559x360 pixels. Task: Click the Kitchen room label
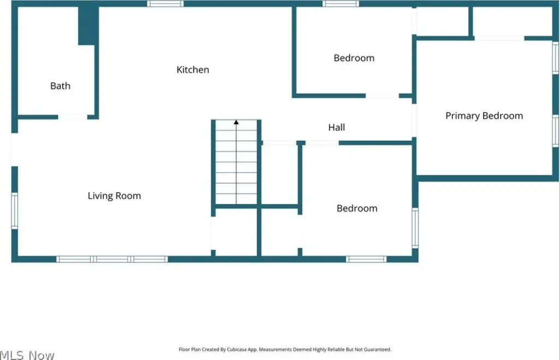[193, 69]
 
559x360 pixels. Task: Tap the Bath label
[60, 86]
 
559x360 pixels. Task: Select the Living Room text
[114, 196]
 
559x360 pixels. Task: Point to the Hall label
[336, 127]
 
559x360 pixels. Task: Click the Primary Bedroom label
[484, 116]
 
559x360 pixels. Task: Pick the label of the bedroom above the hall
[354, 58]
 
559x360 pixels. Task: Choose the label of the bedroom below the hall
[357, 208]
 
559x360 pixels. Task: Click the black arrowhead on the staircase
[236, 122]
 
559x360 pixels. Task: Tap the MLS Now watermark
[27, 355]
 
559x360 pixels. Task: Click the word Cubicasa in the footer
[237, 350]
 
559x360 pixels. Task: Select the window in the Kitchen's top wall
[165, 4]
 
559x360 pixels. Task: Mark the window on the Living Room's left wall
[15, 211]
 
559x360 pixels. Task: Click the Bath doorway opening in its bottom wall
[73, 117]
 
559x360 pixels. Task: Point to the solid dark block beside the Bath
[88, 26]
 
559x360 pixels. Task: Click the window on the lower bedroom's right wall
[415, 228]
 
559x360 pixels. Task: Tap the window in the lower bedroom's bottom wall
[366, 259]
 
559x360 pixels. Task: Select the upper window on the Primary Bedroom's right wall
[555, 58]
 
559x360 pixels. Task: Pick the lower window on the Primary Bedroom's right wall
[555, 131]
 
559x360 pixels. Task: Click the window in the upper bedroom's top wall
[341, 4]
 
